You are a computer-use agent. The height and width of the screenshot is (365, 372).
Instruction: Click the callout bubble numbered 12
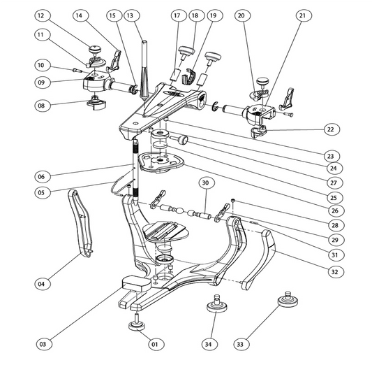[41, 15]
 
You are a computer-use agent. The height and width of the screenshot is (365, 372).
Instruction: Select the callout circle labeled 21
[302, 15]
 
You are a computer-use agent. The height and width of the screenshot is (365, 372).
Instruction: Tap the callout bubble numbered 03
[43, 344]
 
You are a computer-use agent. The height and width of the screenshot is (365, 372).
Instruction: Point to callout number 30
[205, 183]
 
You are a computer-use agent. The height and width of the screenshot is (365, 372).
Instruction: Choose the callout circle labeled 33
[240, 344]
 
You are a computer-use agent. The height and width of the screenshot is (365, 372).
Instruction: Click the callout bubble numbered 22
[331, 129]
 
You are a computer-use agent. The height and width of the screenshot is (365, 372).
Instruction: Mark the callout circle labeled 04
[41, 284]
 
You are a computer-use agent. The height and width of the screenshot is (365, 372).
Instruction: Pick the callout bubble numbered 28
[335, 225]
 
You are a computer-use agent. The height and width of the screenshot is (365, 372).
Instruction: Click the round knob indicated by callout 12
[95, 50]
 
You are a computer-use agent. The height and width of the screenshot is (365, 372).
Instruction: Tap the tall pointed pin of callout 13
[144, 70]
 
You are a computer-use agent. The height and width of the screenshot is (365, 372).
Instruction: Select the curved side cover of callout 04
[81, 223]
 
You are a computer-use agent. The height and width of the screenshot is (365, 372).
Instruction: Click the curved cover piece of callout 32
[259, 259]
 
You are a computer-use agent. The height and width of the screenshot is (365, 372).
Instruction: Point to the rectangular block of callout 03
[136, 282]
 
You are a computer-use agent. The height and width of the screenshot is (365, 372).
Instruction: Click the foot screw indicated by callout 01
[137, 322]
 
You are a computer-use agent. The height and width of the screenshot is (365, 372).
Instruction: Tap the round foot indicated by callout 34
[216, 303]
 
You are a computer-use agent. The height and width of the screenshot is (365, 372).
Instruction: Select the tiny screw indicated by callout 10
[77, 70]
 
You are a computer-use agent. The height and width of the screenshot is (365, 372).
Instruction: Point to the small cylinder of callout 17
[175, 75]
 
